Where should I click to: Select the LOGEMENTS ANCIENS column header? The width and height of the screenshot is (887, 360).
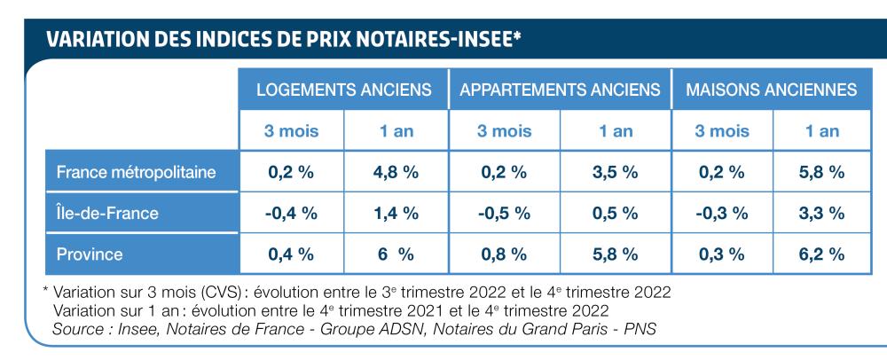[x=343, y=90]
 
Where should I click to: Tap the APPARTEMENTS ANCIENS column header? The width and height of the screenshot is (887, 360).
[x=560, y=90]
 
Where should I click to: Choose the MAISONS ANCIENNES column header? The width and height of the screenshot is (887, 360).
[x=772, y=90]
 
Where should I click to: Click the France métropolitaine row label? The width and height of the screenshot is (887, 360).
[x=136, y=172]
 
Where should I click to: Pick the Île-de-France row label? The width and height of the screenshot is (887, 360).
[x=107, y=213]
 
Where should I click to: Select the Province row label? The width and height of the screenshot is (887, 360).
[x=90, y=254]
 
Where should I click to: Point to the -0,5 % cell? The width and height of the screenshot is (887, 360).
[x=505, y=213]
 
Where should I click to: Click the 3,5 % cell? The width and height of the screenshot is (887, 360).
[x=615, y=172]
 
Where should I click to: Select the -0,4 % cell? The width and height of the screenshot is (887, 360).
[x=291, y=213]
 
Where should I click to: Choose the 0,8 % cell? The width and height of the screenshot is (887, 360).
[x=505, y=254]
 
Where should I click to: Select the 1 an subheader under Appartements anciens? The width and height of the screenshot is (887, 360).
[x=615, y=131]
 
